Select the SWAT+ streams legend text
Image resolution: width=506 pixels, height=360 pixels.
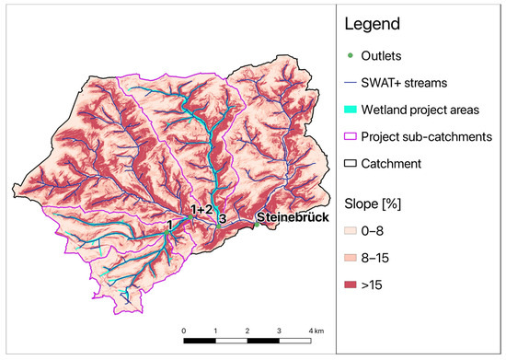420,83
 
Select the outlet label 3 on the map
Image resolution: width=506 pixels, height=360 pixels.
222,219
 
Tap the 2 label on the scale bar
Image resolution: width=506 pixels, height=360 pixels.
247,329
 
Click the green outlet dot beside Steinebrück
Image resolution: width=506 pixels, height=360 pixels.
253,221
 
